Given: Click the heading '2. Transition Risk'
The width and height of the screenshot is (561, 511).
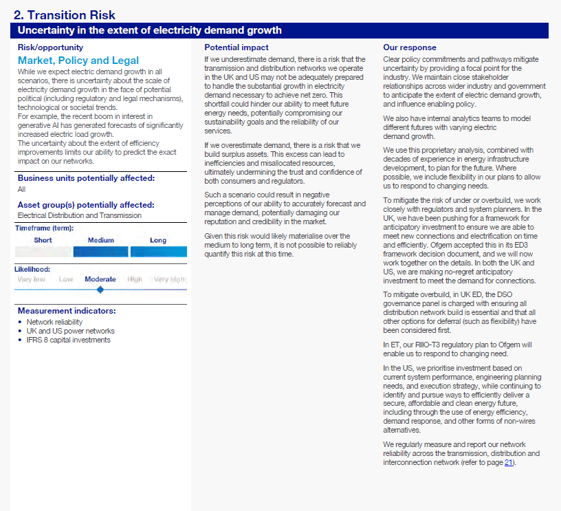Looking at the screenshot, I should (65, 15).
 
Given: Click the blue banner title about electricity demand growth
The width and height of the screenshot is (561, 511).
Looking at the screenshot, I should (149, 30).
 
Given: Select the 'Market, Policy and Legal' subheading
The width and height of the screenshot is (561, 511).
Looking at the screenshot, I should (78, 61).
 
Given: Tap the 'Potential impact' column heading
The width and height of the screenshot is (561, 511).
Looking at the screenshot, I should (236, 47).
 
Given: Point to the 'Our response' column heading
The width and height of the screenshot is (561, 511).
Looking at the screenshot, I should (410, 47).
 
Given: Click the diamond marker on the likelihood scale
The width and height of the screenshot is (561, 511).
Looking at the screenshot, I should (100, 290).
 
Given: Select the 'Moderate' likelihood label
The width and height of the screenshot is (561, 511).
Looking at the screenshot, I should (100, 279).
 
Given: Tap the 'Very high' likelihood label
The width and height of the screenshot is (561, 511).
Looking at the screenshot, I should (170, 279).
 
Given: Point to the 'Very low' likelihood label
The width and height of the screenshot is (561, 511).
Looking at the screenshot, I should (32, 279).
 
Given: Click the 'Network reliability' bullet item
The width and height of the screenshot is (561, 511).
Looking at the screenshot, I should (54, 322).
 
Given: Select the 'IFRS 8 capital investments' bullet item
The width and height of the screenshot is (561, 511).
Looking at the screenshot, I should (68, 340).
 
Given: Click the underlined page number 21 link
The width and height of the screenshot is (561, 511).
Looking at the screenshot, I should (508, 462).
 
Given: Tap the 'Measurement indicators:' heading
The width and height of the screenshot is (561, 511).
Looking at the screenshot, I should (67, 311).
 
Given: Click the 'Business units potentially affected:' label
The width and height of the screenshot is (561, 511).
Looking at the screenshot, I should (86, 178).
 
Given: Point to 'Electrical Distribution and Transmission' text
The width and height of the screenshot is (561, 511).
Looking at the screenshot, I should (80, 215).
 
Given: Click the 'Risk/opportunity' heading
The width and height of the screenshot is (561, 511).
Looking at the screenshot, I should (50, 47).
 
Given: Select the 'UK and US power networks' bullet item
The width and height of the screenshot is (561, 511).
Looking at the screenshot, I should (70, 331).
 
